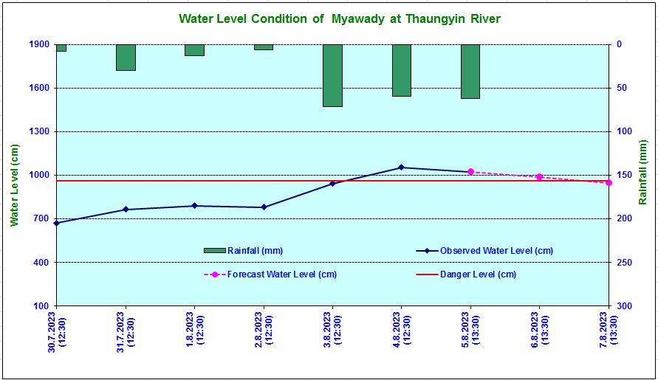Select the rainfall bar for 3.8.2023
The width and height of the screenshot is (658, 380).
click(332, 75)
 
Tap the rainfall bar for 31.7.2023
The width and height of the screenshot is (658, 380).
click(126, 58)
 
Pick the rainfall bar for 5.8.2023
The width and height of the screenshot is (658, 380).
click(470, 72)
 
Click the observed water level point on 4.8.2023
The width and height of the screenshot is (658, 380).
click(401, 167)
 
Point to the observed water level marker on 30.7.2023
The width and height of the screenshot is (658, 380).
click(57, 223)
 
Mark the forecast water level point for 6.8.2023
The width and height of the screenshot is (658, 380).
click(539, 176)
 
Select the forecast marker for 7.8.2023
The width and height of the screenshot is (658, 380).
click(609, 182)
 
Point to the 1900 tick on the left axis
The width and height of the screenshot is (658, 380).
click(39, 44)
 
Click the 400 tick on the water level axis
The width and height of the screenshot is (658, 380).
click(41, 262)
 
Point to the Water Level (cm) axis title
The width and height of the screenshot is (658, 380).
click(14, 185)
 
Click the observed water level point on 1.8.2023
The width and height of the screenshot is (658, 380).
click(194, 206)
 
